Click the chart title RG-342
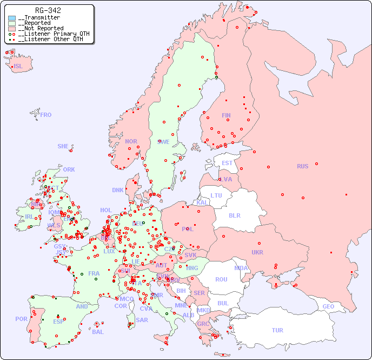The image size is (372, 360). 48,10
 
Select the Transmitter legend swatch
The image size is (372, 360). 12,18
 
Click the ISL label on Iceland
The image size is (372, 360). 18,67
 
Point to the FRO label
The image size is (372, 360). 46,115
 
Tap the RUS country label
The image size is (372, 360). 302,166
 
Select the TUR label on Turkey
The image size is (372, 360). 277,330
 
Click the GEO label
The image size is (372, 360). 328,306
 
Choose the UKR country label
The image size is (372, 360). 257,252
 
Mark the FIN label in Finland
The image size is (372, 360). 226,115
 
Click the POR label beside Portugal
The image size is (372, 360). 21,319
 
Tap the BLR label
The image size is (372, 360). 234,215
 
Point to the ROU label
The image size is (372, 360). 221,279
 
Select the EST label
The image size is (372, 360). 227,163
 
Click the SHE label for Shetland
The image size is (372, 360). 63,146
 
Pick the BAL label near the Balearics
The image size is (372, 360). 98,332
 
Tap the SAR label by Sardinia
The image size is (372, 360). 142,319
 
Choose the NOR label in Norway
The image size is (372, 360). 131,141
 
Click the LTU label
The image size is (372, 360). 216,195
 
